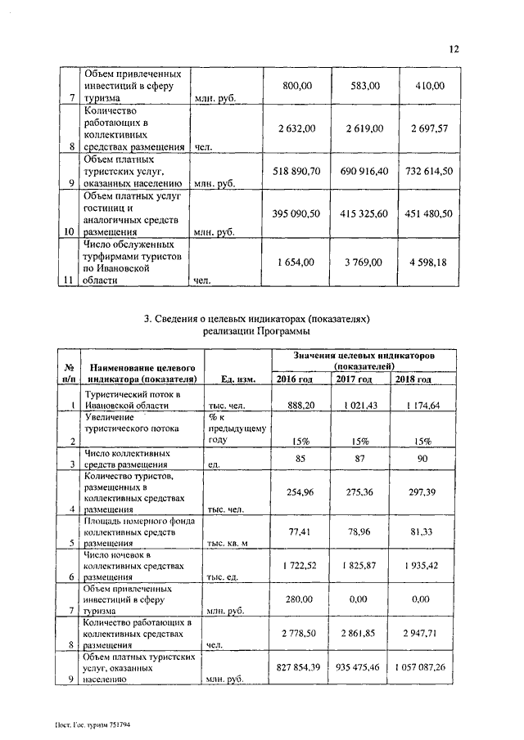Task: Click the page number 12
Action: coord(454,49)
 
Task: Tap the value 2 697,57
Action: coord(428,128)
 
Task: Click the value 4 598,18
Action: coord(428,262)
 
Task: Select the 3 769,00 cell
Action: coord(364,262)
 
